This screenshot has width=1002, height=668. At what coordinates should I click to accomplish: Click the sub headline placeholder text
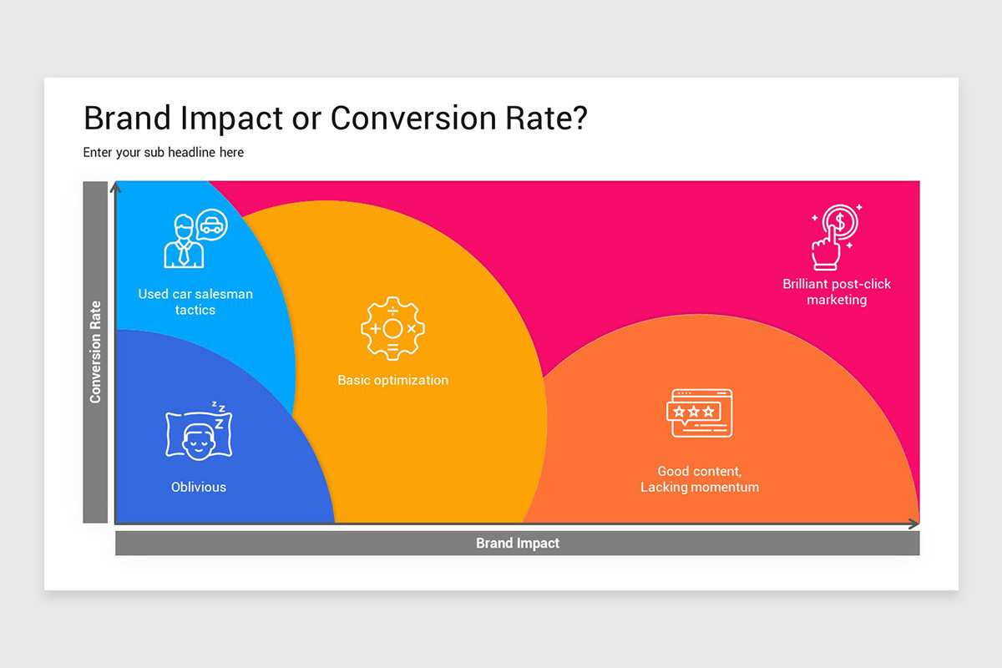pos(164,152)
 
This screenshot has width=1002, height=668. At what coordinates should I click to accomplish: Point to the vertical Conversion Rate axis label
pos(95,352)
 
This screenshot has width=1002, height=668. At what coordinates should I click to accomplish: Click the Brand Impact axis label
pos(517,543)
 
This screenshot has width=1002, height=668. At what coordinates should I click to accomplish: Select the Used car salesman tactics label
pos(195,301)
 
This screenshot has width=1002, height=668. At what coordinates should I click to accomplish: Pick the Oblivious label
pos(199,487)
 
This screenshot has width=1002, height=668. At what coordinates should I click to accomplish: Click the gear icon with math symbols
pos(392,328)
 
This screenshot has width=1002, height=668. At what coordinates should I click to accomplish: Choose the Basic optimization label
pos(392,380)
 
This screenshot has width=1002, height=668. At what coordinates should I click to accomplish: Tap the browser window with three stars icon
pos(700,412)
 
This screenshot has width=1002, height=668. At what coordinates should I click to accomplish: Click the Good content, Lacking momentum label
pos(700,479)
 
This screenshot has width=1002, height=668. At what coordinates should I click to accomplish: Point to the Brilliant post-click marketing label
pos(837,291)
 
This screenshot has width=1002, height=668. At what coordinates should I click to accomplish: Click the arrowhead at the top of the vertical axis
pos(116,187)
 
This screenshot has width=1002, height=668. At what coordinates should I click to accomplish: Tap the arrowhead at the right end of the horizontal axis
pos(913,524)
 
